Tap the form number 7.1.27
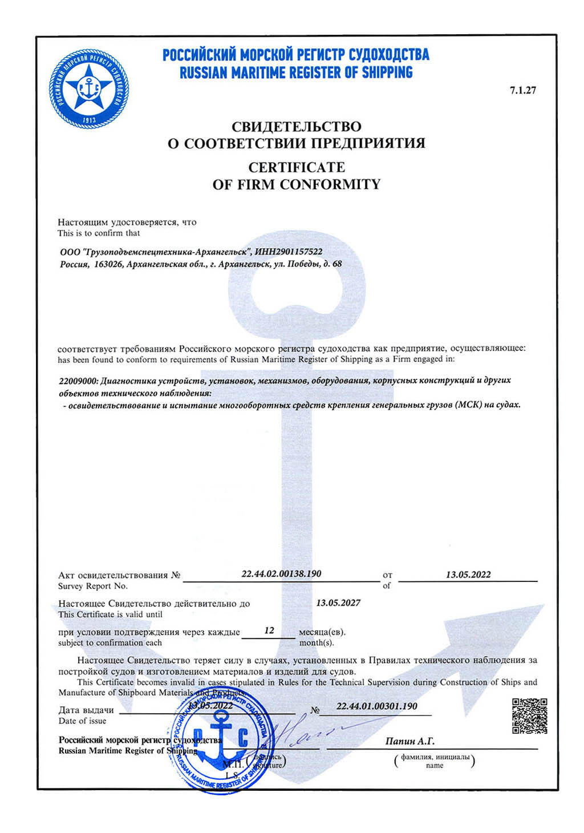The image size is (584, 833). point(523,90)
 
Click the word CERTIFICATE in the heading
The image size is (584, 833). point(297,167)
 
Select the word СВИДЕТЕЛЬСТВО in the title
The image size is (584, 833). point(296,126)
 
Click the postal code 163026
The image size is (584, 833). point(107,264)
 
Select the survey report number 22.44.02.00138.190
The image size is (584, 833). point(281,573)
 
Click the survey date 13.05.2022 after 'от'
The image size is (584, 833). point(468,575)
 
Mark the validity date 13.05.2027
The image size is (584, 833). point(338,602)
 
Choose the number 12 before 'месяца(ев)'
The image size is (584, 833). point(269,630)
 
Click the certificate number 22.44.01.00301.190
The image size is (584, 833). point(376,706)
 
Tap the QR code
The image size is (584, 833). point(530,715)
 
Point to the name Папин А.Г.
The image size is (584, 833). point(409,741)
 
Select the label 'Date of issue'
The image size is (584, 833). point(82,721)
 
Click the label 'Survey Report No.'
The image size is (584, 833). point(93,586)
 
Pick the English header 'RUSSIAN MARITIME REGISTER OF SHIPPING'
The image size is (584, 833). point(296,73)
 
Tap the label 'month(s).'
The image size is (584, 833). point(317,643)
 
